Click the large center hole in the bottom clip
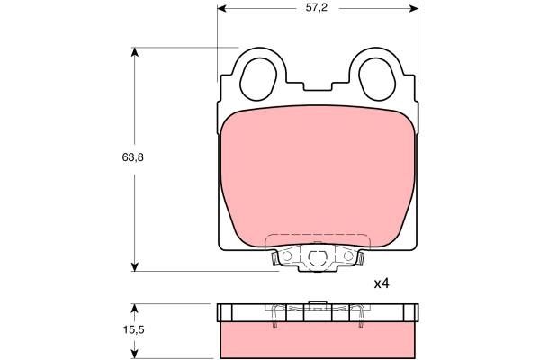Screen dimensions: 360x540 coord(317,260)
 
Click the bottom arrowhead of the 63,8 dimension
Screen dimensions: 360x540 coord(135,265)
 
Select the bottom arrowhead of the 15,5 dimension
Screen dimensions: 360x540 coord(135,355)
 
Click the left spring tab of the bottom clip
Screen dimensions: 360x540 coord(273,260)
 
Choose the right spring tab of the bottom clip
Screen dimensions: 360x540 coord(361,260)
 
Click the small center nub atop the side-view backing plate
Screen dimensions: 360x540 coord(317,302)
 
